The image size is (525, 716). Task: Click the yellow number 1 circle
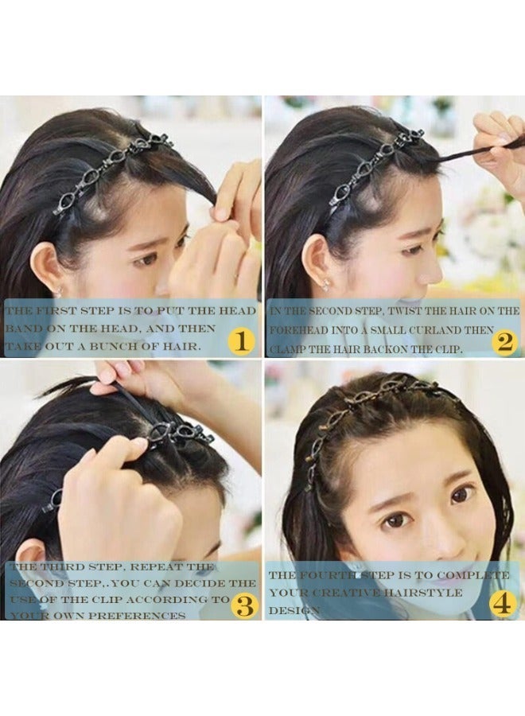point(240,341)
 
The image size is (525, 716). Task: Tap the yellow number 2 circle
point(504,341)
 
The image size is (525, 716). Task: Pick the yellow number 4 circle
point(503,604)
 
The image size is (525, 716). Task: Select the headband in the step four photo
point(374,398)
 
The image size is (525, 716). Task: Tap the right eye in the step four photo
point(461,495)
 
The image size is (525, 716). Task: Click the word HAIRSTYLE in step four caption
point(422,593)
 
